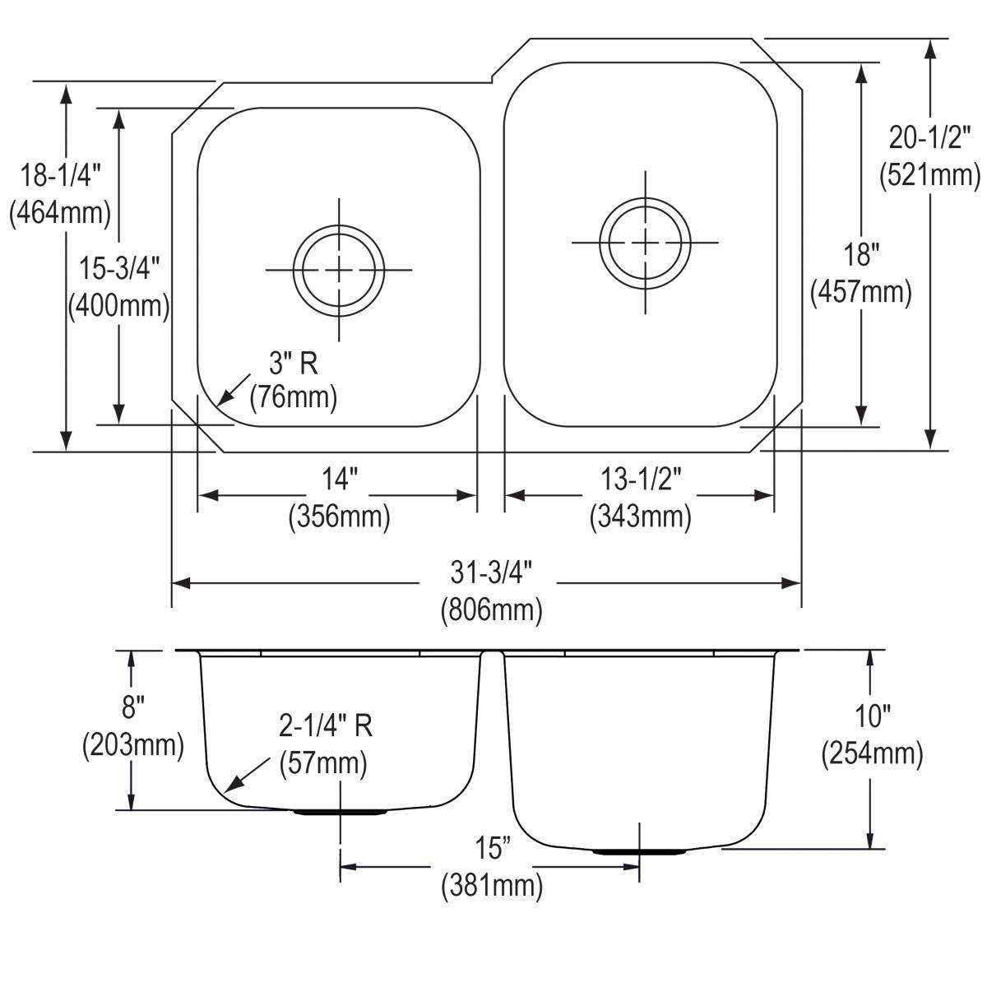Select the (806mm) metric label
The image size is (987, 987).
pyautogui.click(x=491, y=610)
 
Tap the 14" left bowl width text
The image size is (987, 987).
pyautogui.click(x=339, y=480)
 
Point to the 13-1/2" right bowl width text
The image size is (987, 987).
pyautogui.click(x=640, y=480)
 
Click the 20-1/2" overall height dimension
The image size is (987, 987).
pyautogui.click(x=930, y=137)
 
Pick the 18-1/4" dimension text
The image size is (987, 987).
pyautogui.click(x=61, y=174)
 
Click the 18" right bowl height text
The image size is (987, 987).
pyautogui.click(x=860, y=255)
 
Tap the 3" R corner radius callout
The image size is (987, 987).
pyautogui.click(x=293, y=362)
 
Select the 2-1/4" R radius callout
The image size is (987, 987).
pyautogui.click(x=326, y=725)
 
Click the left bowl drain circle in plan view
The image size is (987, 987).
pyautogui.click(x=338, y=270)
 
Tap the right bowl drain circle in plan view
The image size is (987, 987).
pyautogui.click(x=645, y=243)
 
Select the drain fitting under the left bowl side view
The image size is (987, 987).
pyautogui.click(x=340, y=812)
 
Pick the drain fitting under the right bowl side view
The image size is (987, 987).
pyautogui.click(x=639, y=850)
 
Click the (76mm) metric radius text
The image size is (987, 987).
pyautogui.click(x=294, y=397)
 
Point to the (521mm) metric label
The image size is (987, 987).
pyautogui.click(x=930, y=175)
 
